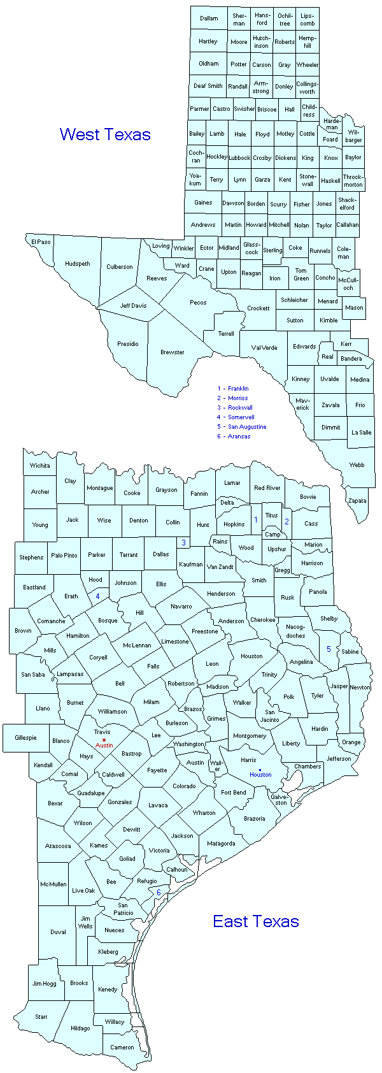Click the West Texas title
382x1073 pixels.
(x=105, y=134)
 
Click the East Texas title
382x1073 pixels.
(x=256, y=921)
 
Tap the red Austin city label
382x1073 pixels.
(x=104, y=745)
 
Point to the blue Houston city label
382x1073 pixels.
(x=260, y=775)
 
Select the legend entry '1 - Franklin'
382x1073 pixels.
(x=233, y=389)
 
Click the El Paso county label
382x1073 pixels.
(x=40, y=242)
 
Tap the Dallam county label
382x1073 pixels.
(x=209, y=18)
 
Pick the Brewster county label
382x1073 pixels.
(x=172, y=352)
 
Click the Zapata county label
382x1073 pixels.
(x=357, y=501)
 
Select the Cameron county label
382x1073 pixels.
(x=122, y=1047)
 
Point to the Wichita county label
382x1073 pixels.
(x=39, y=466)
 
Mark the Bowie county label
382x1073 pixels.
(x=308, y=497)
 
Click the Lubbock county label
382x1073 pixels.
(x=239, y=157)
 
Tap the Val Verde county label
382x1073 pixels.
(x=264, y=348)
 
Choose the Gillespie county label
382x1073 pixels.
(x=25, y=738)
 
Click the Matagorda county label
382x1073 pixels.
(x=221, y=844)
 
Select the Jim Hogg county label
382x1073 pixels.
(x=45, y=984)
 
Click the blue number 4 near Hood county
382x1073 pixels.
(x=97, y=596)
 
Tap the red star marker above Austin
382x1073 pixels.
(x=104, y=740)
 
